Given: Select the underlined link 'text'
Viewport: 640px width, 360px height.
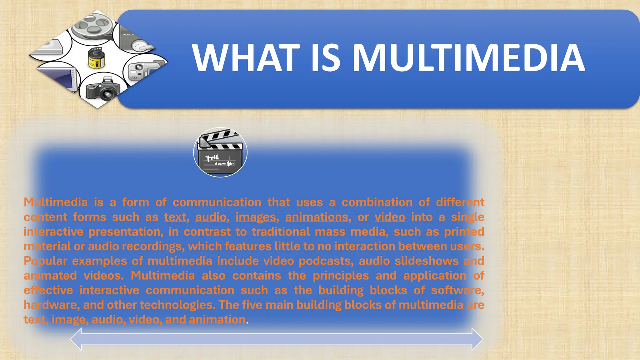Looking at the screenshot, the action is (x=175, y=217).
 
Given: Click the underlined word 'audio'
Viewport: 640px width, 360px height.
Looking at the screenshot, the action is (x=211, y=217).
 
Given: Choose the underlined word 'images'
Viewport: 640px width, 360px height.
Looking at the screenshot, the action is (x=256, y=217).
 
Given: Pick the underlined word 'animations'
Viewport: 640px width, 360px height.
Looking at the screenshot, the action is (x=317, y=217).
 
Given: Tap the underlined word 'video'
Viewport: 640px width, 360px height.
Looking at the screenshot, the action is (x=390, y=217).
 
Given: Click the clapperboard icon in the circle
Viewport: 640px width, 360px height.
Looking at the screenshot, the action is (x=220, y=152).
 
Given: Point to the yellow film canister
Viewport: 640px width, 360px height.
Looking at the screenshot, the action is (x=96, y=58).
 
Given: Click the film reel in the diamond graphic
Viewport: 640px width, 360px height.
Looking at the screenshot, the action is (x=91, y=25).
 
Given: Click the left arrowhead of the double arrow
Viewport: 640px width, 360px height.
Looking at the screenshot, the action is (x=76, y=339).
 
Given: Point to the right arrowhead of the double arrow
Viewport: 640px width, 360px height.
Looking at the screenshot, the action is (x=477, y=339).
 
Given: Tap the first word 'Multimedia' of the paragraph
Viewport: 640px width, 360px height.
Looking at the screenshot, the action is (x=56, y=202).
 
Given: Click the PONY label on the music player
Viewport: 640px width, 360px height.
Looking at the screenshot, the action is (x=128, y=35).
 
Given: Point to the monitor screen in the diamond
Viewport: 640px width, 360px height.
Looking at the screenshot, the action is (x=59, y=77).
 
